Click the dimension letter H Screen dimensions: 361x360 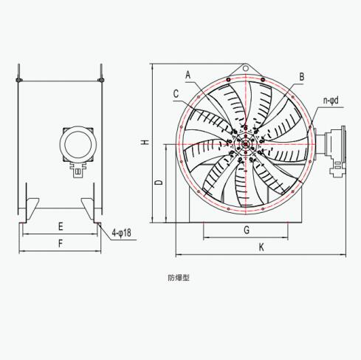point(146,142)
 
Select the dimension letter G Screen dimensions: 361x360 point(247,230)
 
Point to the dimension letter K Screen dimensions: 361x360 point(261,247)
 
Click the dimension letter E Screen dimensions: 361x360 point(61,226)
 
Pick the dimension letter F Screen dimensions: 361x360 point(61,244)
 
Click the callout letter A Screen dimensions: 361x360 point(188,75)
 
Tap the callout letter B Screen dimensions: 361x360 point(302,77)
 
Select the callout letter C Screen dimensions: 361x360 point(176,94)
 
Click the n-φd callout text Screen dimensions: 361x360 point(331,101)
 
